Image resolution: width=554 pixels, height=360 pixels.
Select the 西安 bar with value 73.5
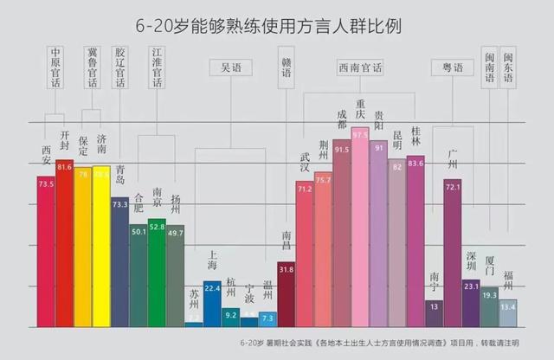tap(46, 251)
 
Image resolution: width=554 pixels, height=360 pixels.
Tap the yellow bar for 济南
tap(101, 247)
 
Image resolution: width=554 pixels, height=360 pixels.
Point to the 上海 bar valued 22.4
tap(212, 303)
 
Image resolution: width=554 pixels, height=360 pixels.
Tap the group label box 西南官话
tap(361, 67)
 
